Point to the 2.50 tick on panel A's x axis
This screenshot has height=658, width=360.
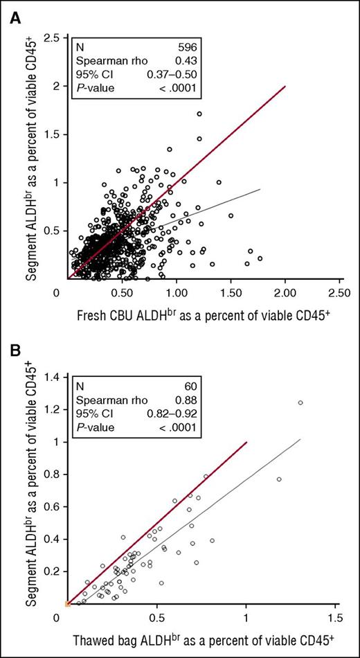coord(339,294)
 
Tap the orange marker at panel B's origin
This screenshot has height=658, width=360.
coord(67,604)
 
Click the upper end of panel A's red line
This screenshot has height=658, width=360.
coord(285,87)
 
